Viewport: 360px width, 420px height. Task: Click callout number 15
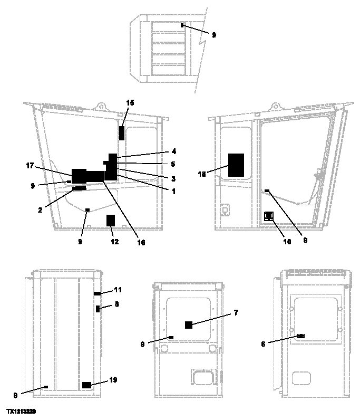[130, 102]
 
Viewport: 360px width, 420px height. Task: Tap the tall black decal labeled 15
[122, 133]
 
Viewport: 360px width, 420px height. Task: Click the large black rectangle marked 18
[236, 165]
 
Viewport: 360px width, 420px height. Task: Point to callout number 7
[236, 313]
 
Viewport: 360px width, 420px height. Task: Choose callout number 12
[114, 242]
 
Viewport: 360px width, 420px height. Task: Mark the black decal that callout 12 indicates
[111, 220]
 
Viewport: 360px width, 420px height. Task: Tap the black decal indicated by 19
[86, 385]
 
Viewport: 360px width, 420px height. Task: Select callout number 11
[118, 290]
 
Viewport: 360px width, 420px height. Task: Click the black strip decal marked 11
[97, 293]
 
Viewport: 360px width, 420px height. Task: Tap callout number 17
[30, 165]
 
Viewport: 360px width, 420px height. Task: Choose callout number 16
[141, 243]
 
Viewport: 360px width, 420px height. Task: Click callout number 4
[173, 151]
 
